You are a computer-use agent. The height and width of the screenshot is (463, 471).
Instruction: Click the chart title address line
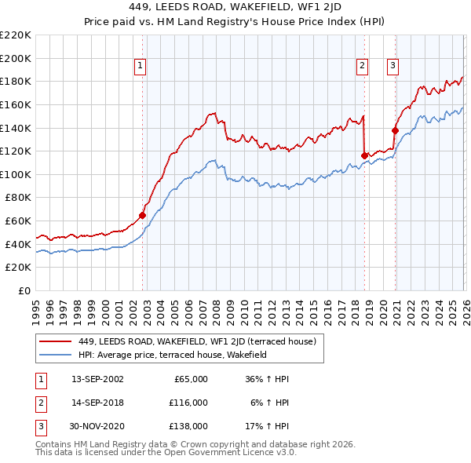tap(235, 9)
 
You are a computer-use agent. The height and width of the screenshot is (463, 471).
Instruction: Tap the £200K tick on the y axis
tap(17, 58)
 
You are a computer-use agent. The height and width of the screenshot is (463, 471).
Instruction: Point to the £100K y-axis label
tap(17, 174)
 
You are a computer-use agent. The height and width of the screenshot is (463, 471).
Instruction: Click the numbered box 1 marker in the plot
tap(140, 67)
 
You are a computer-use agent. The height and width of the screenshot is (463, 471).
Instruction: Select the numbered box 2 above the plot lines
tap(363, 67)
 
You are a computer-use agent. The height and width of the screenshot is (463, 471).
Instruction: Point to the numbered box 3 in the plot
tap(392, 67)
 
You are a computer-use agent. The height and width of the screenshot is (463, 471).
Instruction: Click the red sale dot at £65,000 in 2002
tap(142, 215)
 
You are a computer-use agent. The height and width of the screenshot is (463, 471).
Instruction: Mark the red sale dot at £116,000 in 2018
tap(364, 155)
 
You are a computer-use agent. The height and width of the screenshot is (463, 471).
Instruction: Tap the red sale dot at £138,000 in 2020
tap(395, 130)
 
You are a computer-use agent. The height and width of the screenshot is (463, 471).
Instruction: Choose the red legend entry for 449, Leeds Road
tap(196, 341)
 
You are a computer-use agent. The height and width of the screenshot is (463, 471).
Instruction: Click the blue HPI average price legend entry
tap(173, 355)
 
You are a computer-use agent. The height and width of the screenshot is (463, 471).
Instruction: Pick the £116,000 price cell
tap(189, 403)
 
